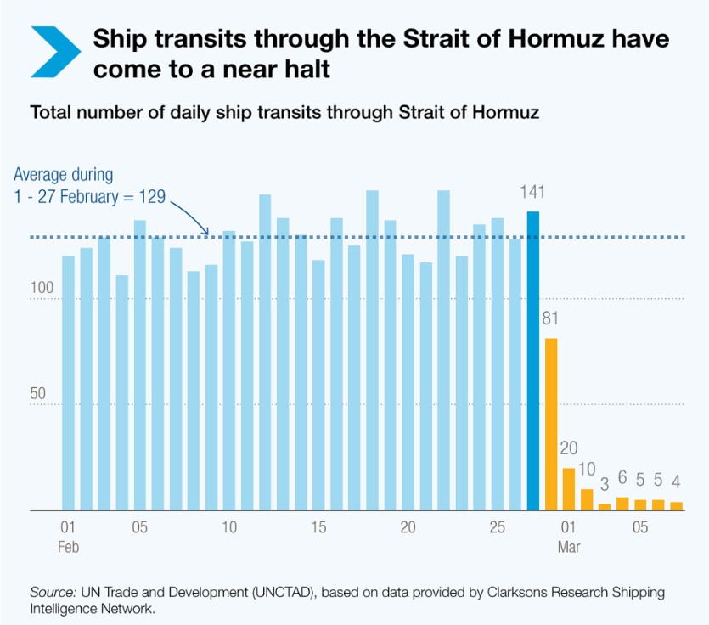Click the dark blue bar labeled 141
point(533,361)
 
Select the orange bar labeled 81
point(551,425)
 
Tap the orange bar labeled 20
point(569,489)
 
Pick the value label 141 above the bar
point(532,193)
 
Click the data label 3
point(605,485)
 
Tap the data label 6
point(622,478)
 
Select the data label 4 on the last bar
point(677,482)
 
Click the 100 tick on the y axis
point(42,289)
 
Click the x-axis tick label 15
point(318,527)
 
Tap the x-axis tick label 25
point(497,527)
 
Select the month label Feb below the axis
point(68,547)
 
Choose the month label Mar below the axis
point(569,547)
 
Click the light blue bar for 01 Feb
point(68,382)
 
